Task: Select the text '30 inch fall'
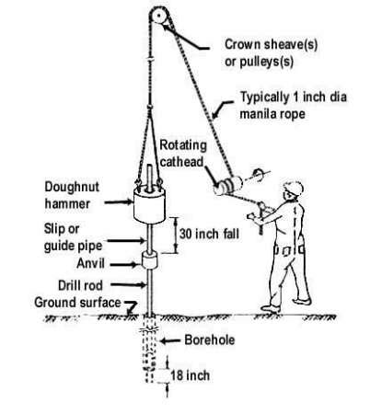point(209,233)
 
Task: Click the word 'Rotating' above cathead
point(182,144)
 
